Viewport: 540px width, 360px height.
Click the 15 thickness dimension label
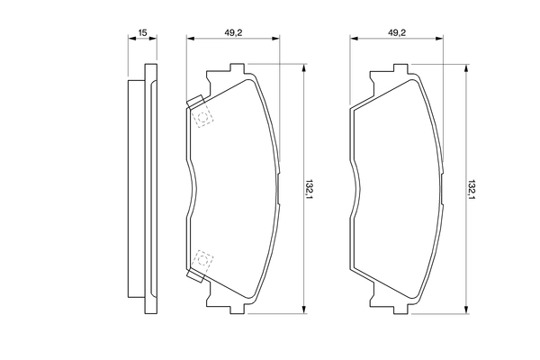coord(142,33)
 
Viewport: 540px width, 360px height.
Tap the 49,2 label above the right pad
coord(397,33)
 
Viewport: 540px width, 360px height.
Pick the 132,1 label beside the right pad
coord(471,190)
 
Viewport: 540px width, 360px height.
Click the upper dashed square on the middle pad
coord(203,117)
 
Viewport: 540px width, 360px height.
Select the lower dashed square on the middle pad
coord(203,261)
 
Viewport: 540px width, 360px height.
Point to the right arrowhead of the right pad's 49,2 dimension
coord(443,39)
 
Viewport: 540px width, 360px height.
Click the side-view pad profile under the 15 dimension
coord(136,189)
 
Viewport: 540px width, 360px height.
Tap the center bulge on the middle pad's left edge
coord(193,189)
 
